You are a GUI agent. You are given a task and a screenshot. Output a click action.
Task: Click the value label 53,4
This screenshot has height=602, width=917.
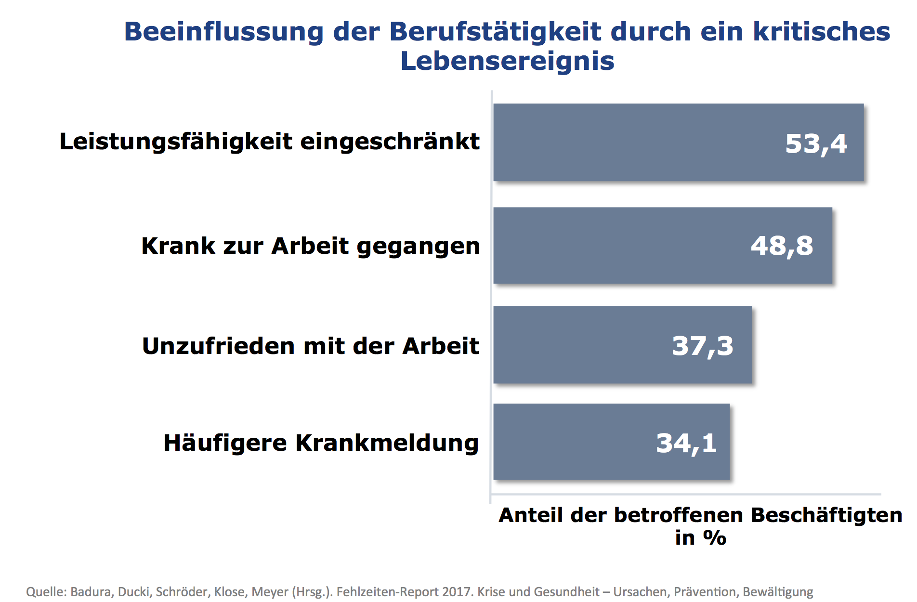point(816,144)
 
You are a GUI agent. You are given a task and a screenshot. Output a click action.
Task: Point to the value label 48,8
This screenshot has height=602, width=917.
point(782,246)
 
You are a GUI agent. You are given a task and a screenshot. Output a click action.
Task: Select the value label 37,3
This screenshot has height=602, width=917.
point(703,346)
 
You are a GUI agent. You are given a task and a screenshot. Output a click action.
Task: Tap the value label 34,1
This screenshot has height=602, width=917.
point(686,443)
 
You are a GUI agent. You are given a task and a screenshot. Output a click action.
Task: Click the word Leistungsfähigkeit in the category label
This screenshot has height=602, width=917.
point(176,142)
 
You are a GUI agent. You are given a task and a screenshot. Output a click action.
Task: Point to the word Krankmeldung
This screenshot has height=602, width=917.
point(387,443)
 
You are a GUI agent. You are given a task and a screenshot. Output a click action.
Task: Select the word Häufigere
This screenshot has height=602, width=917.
point(225,443)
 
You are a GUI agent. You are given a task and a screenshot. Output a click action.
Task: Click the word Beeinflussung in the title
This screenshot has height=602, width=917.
point(224,32)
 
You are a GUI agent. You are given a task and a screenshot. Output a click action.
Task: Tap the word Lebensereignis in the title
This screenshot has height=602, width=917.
point(508,61)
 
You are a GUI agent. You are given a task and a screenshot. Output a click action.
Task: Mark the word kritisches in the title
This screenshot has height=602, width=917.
point(822,32)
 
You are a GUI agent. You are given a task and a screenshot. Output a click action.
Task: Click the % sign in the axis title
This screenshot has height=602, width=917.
point(715,537)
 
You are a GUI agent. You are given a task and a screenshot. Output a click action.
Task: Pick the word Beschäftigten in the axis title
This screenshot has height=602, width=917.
point(826,515)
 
